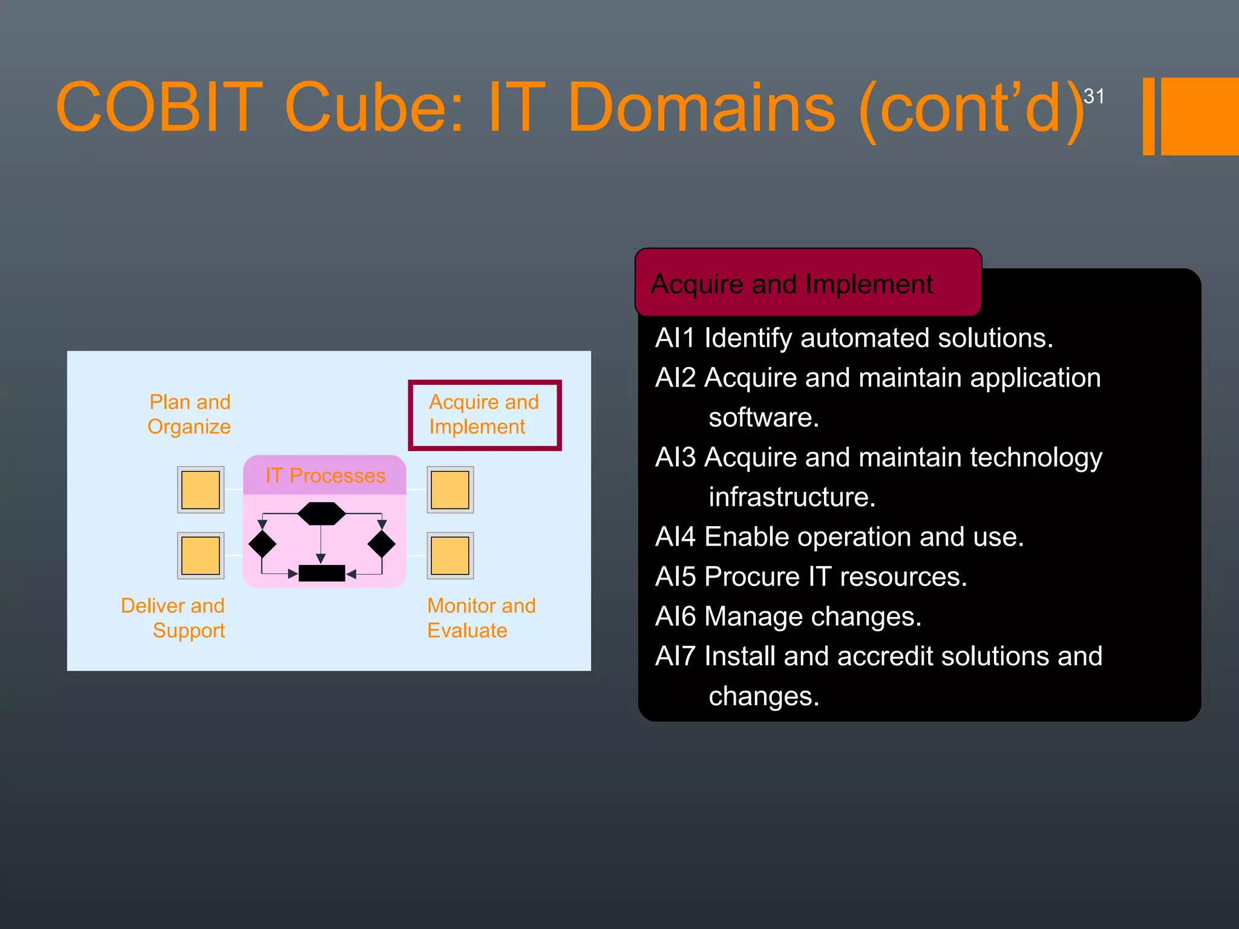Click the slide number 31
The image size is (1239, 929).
coord(1093,96)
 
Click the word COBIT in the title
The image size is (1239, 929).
coord(159,108)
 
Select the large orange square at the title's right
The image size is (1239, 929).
coord(1199,116)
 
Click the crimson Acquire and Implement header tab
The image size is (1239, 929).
coord(807,283)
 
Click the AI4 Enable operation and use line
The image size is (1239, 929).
coord(839,537)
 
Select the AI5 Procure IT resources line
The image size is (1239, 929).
coord(811,577)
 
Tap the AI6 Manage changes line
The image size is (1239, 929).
coord(788,617)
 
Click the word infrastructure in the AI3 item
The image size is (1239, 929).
coord(791,497)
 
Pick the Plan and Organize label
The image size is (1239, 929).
coord(189,414)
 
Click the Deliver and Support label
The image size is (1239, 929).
coord(174,618)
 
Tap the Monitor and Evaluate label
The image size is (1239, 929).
coord(481,618)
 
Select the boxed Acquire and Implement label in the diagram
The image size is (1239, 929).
coord(484,415)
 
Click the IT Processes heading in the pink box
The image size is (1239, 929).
coord(325,475)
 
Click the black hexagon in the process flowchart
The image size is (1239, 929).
coord(321,513)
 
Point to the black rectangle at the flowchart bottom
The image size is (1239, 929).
coord(321,573)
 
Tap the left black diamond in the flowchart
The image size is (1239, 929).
coord(262,544)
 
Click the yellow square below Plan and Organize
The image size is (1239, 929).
coord(200,490)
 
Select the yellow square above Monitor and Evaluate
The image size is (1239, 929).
coord(450,556)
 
